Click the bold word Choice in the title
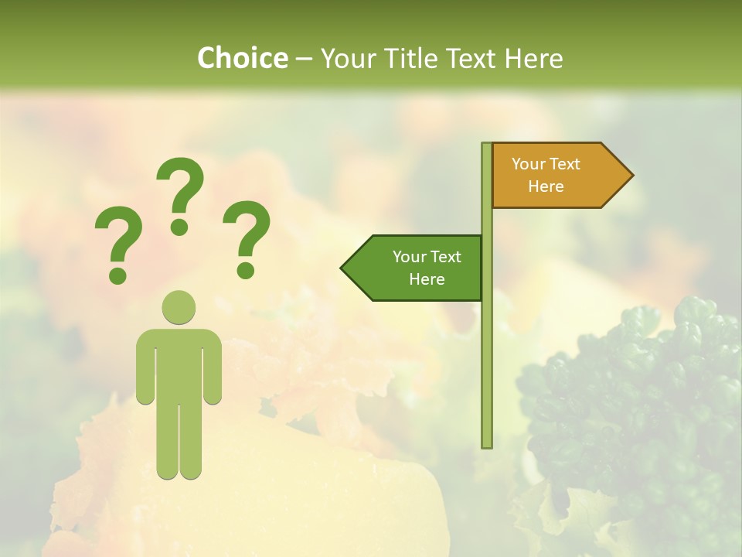(x=242, y=58)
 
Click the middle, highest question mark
(x=180, y=190)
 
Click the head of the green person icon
(x=179, y=306)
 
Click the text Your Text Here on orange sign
(x=546, y=175)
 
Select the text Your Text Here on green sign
(x=427, y=268)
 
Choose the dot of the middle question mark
(x=179, y=227)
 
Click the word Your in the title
(x=346, y=58)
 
